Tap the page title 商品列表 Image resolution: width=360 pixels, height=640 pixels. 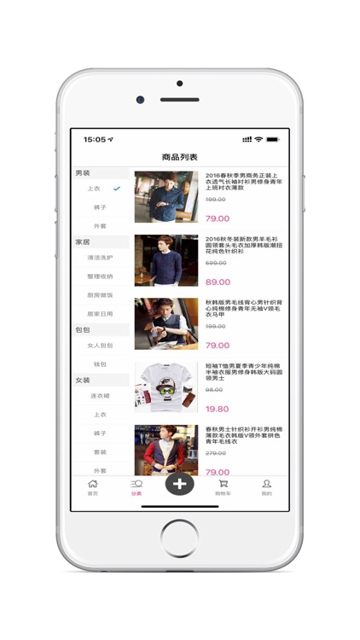pos(180,157)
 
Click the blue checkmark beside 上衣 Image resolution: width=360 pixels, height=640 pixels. pos(117,189)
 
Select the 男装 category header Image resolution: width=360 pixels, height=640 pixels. pos(83,173)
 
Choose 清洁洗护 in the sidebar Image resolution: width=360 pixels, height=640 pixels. pos(100,257)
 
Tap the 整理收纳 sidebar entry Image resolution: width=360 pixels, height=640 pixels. pos(100,276)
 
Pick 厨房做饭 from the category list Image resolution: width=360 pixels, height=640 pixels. pos(100,294)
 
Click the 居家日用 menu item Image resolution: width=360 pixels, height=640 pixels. pos(100,313)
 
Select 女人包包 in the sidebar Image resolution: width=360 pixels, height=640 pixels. pos(100,345)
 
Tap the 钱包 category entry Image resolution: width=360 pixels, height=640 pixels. pos(100,364)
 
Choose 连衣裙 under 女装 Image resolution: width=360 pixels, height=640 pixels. pos(100,396)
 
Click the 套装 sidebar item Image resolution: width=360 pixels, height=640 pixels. pos(100,452)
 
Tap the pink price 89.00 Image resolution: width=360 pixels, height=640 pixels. pos(218,282)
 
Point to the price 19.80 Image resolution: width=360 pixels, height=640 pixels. pos(217,409)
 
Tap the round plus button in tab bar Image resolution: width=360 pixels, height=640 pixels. pos(179,484)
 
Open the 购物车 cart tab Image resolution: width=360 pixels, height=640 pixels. pos(223,486)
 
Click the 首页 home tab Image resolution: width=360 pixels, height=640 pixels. pos(93,486)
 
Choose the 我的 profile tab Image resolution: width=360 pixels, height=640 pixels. pos(266,486)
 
